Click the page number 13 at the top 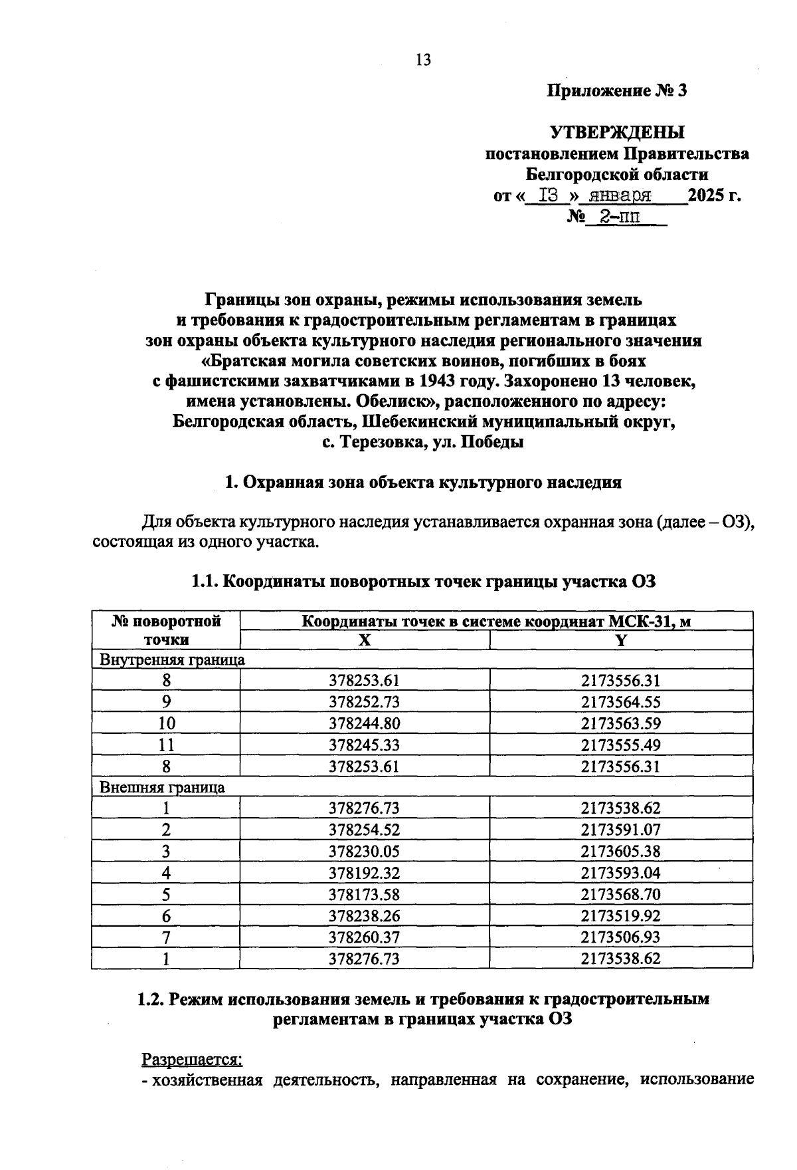pyautogui.click(x=423, y=60)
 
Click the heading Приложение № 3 pyautogui.click(x=616, y=91)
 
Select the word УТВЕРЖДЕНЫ pyautogui.click(x=617, y=132)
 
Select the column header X pyautogui.click(x=364, y=640)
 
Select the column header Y pyautogui.click(x=620, y=640)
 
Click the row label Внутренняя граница pyautogui.click(x=172, y=660)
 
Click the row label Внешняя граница pyautogui.click(x=162, y=788)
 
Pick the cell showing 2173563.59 pyautogui.click(x=620, y=724)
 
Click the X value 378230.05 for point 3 pyautogui.click(x=364, y=852)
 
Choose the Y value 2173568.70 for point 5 pyautogui.click(x=620, y=894)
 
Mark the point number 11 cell pyautogui.click(x=166, y=745)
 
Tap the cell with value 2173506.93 pyautogui.click(x=620, y=937)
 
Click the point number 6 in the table pyautogui.click(x=166, y=916)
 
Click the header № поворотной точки pyautogui.click(x=166, y=630)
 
